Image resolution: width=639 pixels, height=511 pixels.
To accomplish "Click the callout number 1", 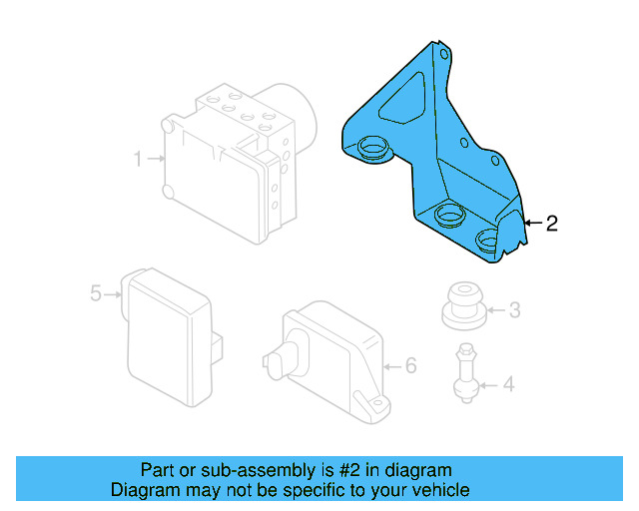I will pos(138,158).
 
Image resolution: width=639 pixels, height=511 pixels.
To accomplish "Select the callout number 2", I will pos(551,223).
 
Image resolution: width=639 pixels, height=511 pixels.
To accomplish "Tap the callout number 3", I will pos(514,310).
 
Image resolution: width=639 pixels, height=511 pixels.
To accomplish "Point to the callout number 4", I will pos(509,383).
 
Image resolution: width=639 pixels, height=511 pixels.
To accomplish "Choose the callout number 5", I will pos(96,293).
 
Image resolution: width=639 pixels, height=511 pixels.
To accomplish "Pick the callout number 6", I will pos(410,365).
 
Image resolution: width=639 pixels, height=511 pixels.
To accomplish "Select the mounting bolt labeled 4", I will pos(464,373).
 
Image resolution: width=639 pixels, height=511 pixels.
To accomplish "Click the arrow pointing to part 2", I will pos(532,223).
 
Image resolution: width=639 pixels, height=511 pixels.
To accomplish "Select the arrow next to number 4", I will pos(487,383).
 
